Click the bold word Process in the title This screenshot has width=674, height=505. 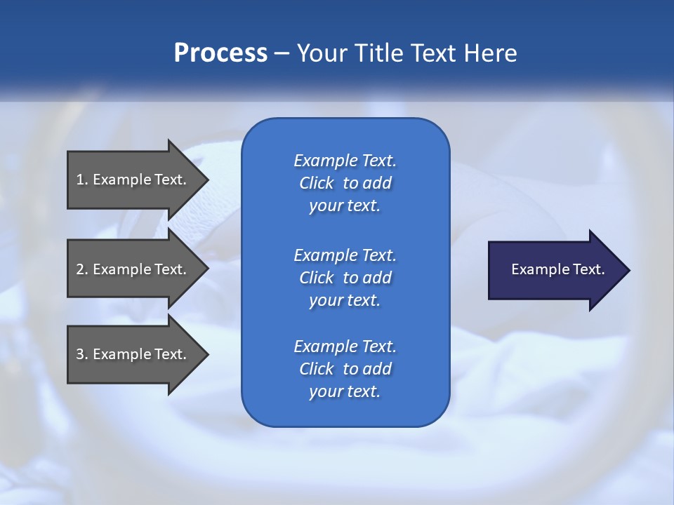[x=220, y=53]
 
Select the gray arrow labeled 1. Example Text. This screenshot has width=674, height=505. [x=133, y=180]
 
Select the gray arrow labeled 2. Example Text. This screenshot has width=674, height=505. [x=133, y=269]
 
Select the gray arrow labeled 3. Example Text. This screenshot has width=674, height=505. [x=133, y=354]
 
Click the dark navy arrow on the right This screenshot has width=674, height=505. [x=555, y=270]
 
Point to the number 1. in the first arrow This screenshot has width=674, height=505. [x=82, y=180]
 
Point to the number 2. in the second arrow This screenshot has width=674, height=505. [x=82, y=269]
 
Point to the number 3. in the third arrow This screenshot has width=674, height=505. [x=82, y=354]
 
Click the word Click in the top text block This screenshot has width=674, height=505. [x=317, y=183]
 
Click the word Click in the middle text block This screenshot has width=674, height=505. [x=317, y=278]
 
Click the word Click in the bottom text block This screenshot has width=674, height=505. [x=317, y=369]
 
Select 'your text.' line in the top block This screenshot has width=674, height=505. [x=345, y=206]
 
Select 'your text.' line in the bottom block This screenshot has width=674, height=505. [x=345, y=392]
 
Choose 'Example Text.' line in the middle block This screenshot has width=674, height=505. [x=345, y=255]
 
